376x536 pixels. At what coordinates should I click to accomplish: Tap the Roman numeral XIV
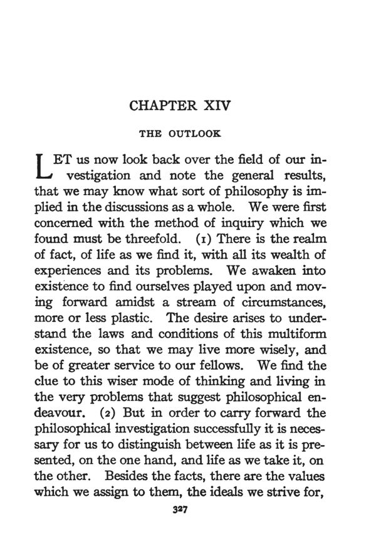click(x=216, y=105)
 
